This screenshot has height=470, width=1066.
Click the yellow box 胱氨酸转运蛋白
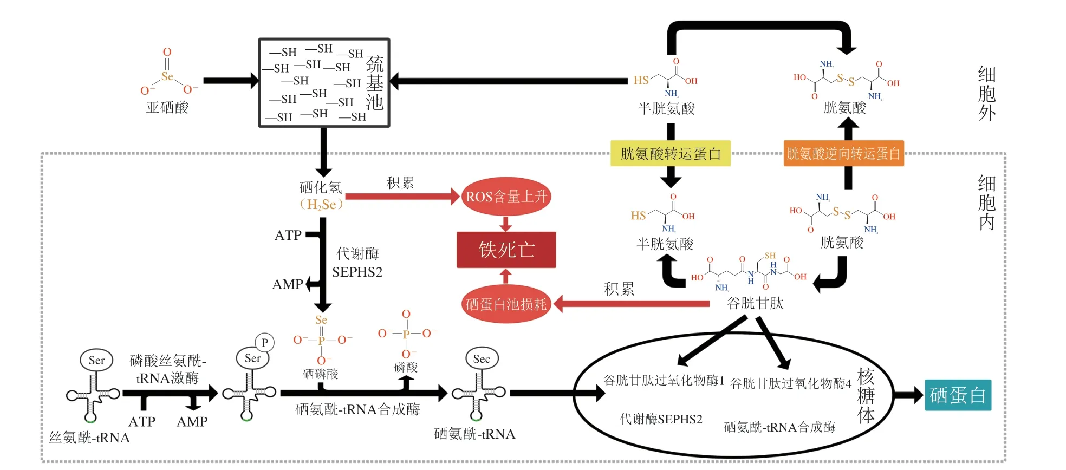(670, 154)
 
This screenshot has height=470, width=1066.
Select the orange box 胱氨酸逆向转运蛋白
(843, 154)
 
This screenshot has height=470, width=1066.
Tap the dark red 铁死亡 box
(506, 250)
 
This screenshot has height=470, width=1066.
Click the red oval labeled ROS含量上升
(506, 196)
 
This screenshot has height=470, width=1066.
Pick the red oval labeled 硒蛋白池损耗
(506, 304)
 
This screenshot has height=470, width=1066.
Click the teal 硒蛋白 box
(958, 395)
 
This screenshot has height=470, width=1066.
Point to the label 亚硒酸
(167, 108)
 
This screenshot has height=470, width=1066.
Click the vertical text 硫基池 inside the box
(375, 83)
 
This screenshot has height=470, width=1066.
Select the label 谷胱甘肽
(755, 303)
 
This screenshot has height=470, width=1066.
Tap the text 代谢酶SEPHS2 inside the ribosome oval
(661, 419)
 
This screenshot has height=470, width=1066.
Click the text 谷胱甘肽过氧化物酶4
(791, 384)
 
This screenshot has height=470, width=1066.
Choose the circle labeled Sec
(482, 358)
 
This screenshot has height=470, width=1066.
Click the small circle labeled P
(265, 342)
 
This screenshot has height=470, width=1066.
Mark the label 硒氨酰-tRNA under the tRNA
(474, 434)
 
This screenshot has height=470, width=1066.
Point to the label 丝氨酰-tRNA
(89, 438)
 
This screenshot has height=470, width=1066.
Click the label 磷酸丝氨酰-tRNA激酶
(168, 369)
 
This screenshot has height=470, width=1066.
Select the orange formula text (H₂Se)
(321, 205)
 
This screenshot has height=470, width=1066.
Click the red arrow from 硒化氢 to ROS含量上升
(401, 196)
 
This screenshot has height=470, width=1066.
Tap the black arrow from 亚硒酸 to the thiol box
(230, 81)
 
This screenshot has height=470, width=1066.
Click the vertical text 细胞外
(986, 94)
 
